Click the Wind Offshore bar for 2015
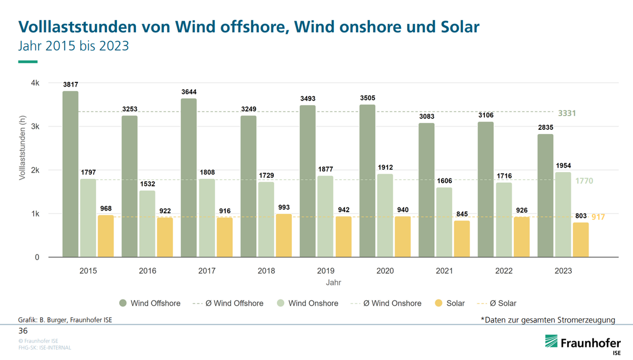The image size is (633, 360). (x=70, y=174)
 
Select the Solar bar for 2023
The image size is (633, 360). (x=580, y=240)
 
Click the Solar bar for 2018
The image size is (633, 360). (x=284, y=235)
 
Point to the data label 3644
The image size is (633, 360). (x=189, y=92)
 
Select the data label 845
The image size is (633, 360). (x=462, y=214)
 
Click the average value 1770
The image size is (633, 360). (x=584, y=181)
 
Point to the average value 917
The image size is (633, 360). (x=598, y=217)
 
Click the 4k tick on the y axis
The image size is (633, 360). (x=35, y=83)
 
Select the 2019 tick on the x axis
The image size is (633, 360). (x=326, y=271)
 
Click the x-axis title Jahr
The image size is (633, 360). (x=333, y=282)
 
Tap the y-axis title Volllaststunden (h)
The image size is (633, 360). (x=23, y=149)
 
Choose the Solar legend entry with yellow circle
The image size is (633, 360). (x=449, y=303)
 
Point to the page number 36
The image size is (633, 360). (x=23, y=331)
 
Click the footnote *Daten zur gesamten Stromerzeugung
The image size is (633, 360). (x=548, y=319)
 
